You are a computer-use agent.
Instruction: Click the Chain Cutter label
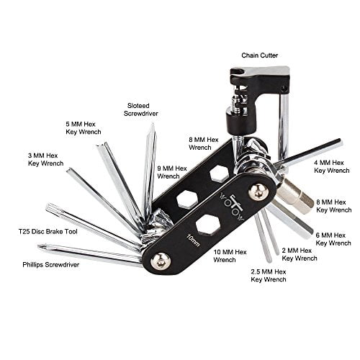point(259,55)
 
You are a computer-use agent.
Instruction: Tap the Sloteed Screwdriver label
point(141,109)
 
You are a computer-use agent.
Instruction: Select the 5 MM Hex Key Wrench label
point(84,128)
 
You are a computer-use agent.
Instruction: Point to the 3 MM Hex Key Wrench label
point(45,159)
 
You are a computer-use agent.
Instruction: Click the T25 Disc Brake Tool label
point(48,232)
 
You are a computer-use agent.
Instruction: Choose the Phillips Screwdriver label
point(51,265)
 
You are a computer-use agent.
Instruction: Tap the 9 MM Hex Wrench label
point(172,172)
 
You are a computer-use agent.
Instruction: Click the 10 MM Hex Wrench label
point(230,256)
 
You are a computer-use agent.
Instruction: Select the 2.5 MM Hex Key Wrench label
point(269,276)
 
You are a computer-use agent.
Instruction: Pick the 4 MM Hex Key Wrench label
point(332,166)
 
